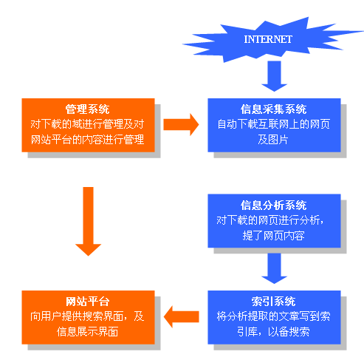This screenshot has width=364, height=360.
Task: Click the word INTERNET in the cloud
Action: pyautogui.click(x=268, y=38)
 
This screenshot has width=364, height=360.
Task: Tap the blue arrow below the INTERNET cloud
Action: pyautogui.click(x=275, y=77)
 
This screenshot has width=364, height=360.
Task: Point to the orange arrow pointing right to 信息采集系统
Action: pyautogui.click(x=182, y=123)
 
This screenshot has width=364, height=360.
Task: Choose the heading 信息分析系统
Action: pyautogui.click(x=274, y=206)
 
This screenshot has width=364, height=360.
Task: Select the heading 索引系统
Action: pyautogui.click(x=274, y=302)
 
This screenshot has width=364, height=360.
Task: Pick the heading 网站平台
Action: pyautogui.click(x=88, y=302)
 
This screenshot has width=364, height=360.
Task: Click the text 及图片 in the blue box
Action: pyautogui.click(x=274, y=139)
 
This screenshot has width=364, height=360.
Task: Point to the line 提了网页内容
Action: pyautogui.click(x=274, y=235)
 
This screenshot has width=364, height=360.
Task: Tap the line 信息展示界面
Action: pyautogui.click(x=88, y=332)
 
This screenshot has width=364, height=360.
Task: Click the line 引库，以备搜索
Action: pyautogui.click(x=274, y=332)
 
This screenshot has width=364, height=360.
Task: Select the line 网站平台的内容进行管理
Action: pyautogui.click(x=88, y=139)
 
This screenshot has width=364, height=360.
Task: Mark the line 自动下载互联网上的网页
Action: pyautogui.click(x=274, y=124)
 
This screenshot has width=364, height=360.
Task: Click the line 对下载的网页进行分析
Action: pyautogui.click(x=274, y=220)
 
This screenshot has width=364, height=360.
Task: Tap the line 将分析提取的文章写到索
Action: pyautogui.click(x=274, y=316)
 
